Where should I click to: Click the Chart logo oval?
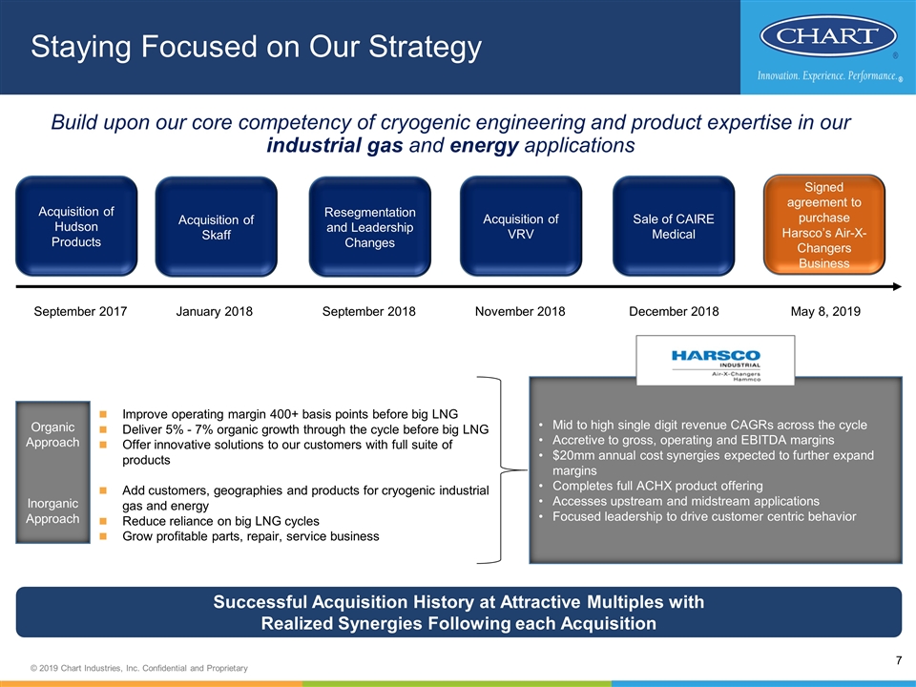(x=828, y=35)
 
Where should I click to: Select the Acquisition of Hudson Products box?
(x=76, y=226)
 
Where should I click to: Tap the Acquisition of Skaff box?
(x=217, y=227)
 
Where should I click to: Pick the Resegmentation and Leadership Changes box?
(x=370, y=227)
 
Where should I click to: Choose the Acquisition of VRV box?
(x=521, y=226)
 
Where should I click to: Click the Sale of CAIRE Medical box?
(x=674, y=226)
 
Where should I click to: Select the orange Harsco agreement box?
(x=824, y=224)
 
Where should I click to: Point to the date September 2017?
(x=80, y=311)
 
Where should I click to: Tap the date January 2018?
(x=215, y=311)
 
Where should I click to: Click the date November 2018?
(x=520, y=311)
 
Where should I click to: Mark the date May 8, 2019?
(x=825, y=311)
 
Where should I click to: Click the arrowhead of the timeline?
(x=897, y=287)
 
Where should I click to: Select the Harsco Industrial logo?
(x=716, y=361)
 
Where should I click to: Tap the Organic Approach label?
(x=52, y=435)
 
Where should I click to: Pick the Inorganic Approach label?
(x=52, y=511)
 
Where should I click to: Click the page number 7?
(x=899, y=660)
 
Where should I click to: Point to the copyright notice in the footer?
(x=139, y=668)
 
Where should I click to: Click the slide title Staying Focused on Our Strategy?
(x=256, y=47)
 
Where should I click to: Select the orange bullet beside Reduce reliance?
(x=103, y=521)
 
